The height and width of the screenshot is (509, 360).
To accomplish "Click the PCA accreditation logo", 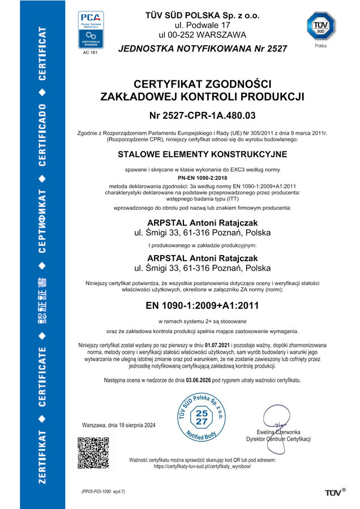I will click(92, 31).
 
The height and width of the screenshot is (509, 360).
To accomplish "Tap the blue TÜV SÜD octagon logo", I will click(320, 27).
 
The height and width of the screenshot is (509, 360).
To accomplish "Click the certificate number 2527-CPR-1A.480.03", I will click(202, 116).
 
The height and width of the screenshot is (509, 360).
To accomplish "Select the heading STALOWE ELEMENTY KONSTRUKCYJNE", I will click(202, 154).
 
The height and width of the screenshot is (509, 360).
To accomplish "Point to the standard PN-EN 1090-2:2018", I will click(202, 178).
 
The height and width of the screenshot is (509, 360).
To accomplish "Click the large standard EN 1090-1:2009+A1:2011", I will click(202, 305).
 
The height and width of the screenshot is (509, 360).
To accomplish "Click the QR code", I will click(93, 453).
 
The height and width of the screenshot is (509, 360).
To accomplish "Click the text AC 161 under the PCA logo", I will click(91, 53).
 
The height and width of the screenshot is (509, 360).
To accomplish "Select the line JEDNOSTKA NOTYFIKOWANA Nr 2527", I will click(202, 49).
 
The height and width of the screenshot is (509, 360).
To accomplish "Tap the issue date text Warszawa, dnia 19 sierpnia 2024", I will click(119, 425).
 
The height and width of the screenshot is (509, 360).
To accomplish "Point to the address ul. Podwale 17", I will click(202, 25).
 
